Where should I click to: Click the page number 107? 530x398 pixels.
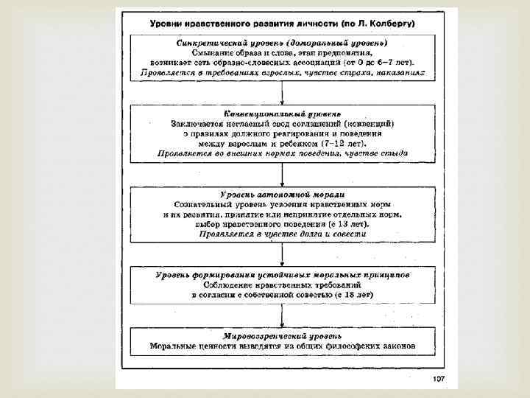(439, 379)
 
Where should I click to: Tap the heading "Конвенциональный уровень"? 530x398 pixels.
(282, 114)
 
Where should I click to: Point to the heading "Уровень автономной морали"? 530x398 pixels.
(282, 193)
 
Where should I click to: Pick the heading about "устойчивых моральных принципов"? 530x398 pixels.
(282, 274)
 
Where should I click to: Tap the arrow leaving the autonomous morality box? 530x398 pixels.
(283, 254)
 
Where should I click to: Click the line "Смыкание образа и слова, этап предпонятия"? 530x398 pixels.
(282, 53)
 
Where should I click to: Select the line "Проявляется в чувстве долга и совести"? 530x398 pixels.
(282, 234)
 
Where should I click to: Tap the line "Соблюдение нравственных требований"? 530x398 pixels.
(282, 284)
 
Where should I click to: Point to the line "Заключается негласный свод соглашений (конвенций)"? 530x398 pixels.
(282, 124)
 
